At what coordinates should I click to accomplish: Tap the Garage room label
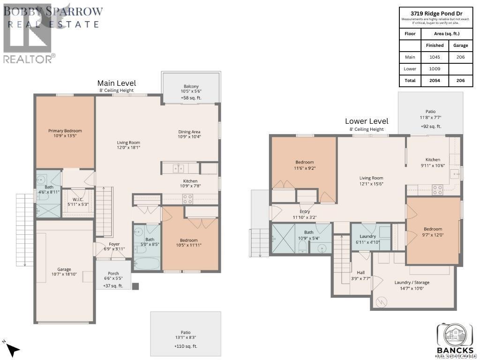64,269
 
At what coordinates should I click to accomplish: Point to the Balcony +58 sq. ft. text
191,98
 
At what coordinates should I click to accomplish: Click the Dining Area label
189,132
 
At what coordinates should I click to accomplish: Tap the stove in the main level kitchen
188,199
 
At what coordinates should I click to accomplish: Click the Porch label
113,273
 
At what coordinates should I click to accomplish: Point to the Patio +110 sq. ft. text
186,346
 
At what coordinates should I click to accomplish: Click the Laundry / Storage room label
412,283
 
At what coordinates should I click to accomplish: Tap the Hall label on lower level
361,272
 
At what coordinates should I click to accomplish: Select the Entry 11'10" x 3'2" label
304,212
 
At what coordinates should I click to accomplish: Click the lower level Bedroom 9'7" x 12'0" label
433,229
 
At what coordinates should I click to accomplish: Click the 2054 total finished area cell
435,81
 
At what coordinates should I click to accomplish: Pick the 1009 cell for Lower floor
435,68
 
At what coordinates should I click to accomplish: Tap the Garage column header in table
460,45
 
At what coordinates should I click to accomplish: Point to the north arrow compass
13,349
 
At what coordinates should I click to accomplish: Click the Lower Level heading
367,121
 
